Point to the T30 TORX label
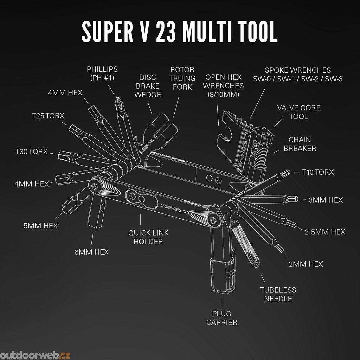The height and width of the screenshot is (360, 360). tap(31, 152)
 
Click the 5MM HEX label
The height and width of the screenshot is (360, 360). tap(40, 225)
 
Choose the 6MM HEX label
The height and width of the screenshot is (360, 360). tap(91, 252)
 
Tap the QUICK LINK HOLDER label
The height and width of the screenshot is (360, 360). tap(148, 237)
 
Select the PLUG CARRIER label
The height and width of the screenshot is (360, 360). tap(221, 317)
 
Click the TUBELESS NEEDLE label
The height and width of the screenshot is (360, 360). tap(278, 294)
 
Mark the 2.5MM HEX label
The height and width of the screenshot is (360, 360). tap(324, 232)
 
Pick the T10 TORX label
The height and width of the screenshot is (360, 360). tap(318, 172)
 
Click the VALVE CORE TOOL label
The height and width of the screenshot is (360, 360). tap(298, 112)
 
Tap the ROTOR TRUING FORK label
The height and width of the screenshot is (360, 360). tap(182, 78)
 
